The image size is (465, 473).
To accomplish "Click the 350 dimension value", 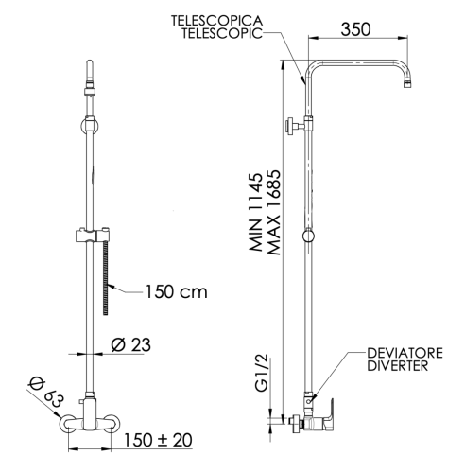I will point(354,29).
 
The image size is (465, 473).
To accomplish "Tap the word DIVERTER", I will point(399,366).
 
